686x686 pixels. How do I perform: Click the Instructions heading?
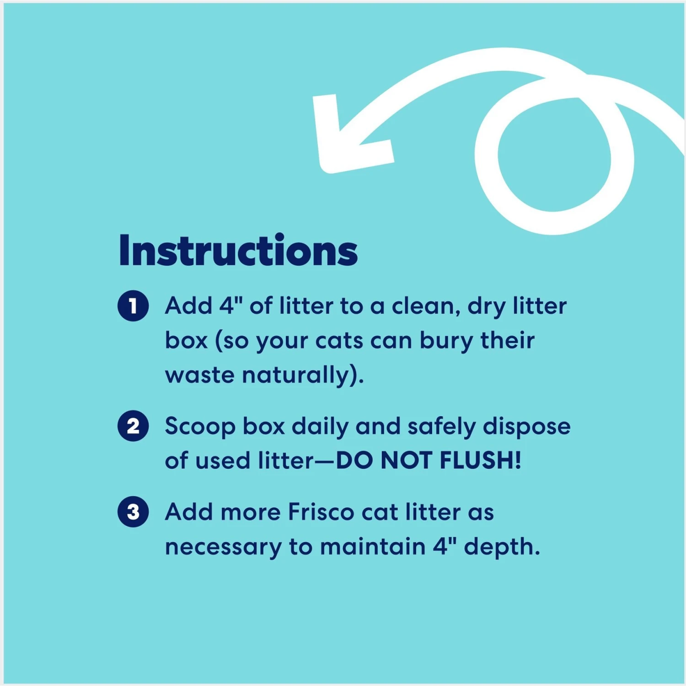[x=238, y=251]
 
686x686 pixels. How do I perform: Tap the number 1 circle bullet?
[x=133, y=306]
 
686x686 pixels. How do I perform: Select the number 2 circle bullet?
[x=133, y=426]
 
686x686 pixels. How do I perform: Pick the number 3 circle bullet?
[x=133, y=512]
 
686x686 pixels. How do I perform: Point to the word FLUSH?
[x=480, y=460]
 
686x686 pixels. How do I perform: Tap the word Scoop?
[x=200, y=426]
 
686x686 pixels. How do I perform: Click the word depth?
[x=501, y=547]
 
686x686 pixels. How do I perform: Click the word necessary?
[x=223, y=547]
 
